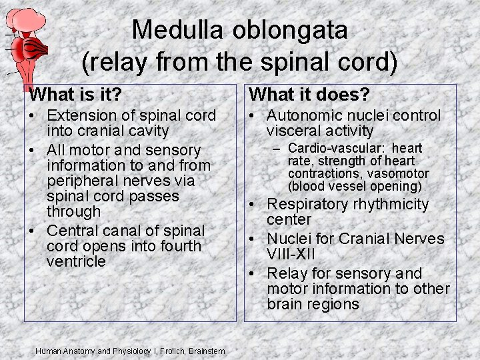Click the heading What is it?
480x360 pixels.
point(81,94)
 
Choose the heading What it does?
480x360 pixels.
point(309,94)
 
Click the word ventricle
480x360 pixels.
point(76,261)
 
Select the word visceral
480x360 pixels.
point(293,131)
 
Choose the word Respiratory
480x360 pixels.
point(309,204)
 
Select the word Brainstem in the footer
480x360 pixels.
point(207,351)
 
